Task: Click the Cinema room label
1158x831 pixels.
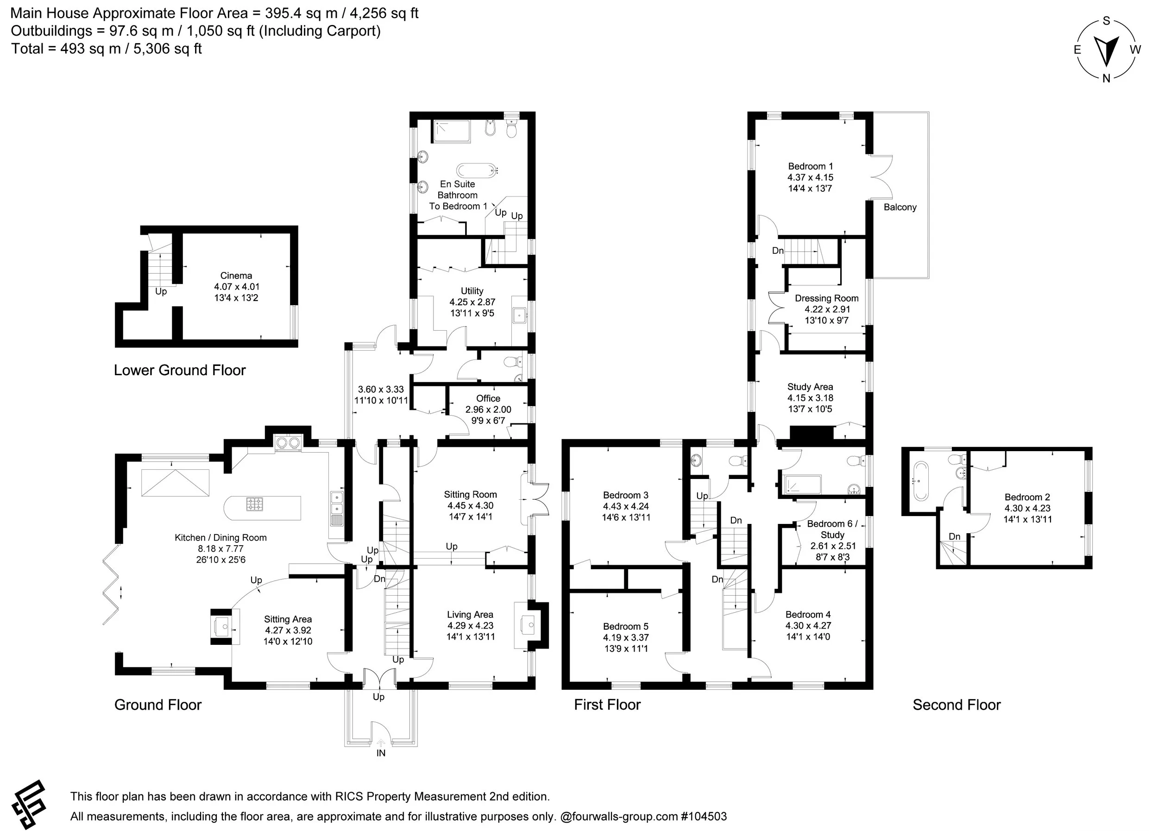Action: click(236, 276)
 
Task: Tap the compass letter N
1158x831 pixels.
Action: click(1106, 79)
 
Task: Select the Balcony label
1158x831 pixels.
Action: click(900, 207)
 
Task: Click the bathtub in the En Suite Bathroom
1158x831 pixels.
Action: click(476, 170)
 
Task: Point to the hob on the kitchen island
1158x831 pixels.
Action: click(254, 504)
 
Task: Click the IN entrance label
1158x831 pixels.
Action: click(381, 753)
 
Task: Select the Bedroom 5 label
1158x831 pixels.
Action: click(625, 626)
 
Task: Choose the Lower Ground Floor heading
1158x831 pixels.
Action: click(180, 370)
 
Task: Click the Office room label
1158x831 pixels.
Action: click(488, 398)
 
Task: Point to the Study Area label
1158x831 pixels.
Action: click(810, 387)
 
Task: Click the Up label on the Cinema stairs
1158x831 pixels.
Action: click(161, 291)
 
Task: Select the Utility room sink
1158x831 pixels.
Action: click(519, 315)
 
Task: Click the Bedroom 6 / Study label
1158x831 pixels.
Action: click(832, 529)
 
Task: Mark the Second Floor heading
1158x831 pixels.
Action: click(957, 705)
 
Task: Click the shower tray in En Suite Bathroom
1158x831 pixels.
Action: click(451, 131)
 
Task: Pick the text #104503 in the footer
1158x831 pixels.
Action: click(704, 816)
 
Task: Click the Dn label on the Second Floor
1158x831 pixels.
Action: click(954, 536)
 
